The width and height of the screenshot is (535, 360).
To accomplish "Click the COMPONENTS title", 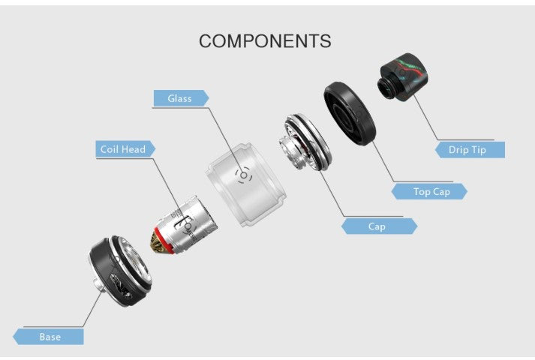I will click(x=265, y=40).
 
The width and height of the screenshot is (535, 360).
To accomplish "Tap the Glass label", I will click(x=180, y=98).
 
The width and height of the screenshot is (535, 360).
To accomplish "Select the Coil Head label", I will click(x=123, y=149).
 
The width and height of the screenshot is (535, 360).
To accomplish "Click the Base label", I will click(x=50, y=337).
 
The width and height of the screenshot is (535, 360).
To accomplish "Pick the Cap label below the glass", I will click(x=377, y=226).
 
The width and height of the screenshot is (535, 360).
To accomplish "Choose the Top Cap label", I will click(x=431, y=191).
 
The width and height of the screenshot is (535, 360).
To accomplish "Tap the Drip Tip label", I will click(x=468, y=149).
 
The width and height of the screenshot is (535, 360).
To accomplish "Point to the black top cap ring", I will click(x=350, y=116).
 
